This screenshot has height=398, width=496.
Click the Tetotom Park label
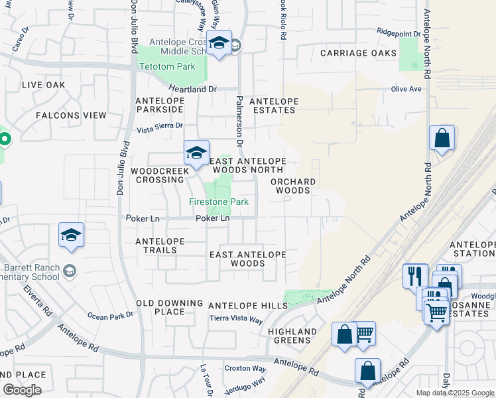(x=166, y=67)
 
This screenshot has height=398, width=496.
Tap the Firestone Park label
(x=218, y=202)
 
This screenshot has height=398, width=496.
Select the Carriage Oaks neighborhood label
(x=358, y=53)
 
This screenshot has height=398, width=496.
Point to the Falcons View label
(x=71, y=115)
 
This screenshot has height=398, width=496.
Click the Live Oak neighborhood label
(x=44, y=85)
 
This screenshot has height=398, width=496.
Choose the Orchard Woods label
(x=292, y=186)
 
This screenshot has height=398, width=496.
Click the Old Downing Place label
(x=160, y=307)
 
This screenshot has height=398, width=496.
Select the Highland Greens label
(x=292, y=336)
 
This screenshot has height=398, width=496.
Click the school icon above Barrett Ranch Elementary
(x=72, y=235)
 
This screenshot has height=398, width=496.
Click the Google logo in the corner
(x=22, y=390)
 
